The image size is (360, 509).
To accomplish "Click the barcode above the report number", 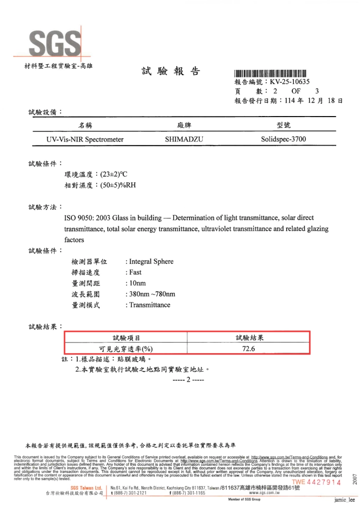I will coord(270,73).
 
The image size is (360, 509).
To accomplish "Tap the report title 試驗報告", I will coord(170,71).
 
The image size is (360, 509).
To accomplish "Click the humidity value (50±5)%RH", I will coord(118,185).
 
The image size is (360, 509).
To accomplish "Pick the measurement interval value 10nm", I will coord(137,284).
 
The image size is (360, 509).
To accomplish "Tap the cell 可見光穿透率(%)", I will coord(126,349).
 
